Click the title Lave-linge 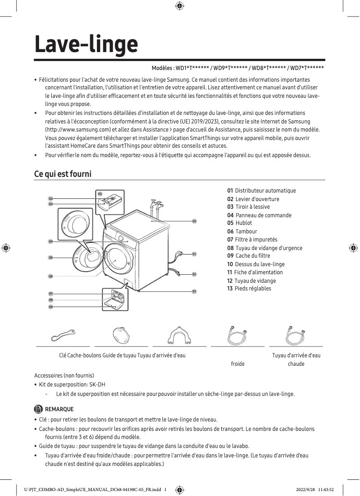pos(86,44)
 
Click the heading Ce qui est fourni pos(63,173)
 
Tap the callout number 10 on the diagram pos(194,221)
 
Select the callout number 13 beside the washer pos(194,291)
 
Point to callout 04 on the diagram pos(51,241)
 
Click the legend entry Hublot pos(243,223)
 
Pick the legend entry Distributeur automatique pos(265,191)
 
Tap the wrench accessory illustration pos(63,335)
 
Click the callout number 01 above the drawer pos(100,193)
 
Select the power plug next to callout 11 pos(180,255)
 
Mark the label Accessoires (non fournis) pos(64,375)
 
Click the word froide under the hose pos(237,364)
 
